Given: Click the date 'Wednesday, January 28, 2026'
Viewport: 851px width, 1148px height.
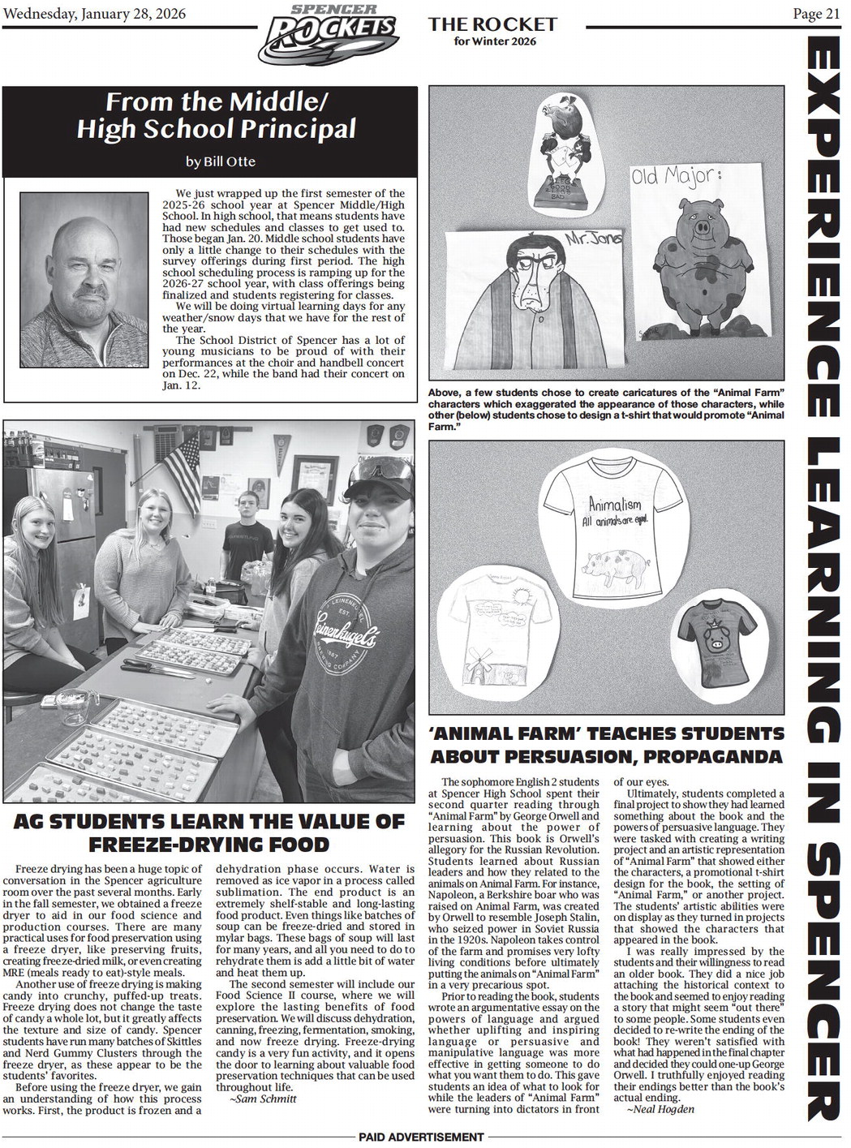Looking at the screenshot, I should pyautogui.click(x=95, y=13).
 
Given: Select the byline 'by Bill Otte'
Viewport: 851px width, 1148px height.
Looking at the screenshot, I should pyautogui.click(x=220, y=161).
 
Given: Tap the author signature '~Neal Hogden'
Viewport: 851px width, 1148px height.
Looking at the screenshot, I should pyautogui.click(x=660, y=1109).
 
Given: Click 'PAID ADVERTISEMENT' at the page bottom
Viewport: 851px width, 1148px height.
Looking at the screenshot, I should pyautogui.click(x=420, y=1137).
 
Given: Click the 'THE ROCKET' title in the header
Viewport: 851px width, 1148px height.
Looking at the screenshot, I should pyautogui.click(x=492, y=24).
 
